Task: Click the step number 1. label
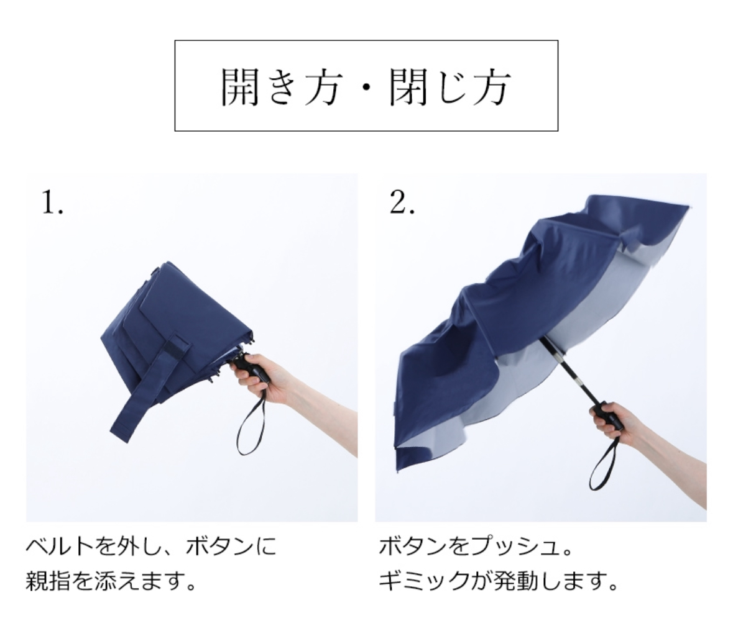52,202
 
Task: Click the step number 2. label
402,202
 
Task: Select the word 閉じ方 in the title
449,87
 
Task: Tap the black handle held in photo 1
250,366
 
